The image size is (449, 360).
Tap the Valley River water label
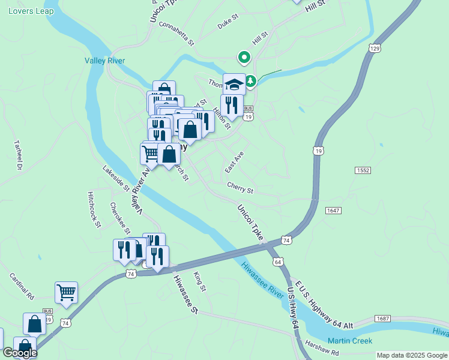[104, 61]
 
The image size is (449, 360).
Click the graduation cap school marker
[234, 84]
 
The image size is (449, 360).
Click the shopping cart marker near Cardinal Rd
[66, 293]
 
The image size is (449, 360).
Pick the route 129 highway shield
[376, 48]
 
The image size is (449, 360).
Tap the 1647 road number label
[334, 211]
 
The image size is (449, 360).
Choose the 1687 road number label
[382, 318]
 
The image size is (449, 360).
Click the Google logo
[19, 353]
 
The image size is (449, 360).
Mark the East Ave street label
[234, 162]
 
